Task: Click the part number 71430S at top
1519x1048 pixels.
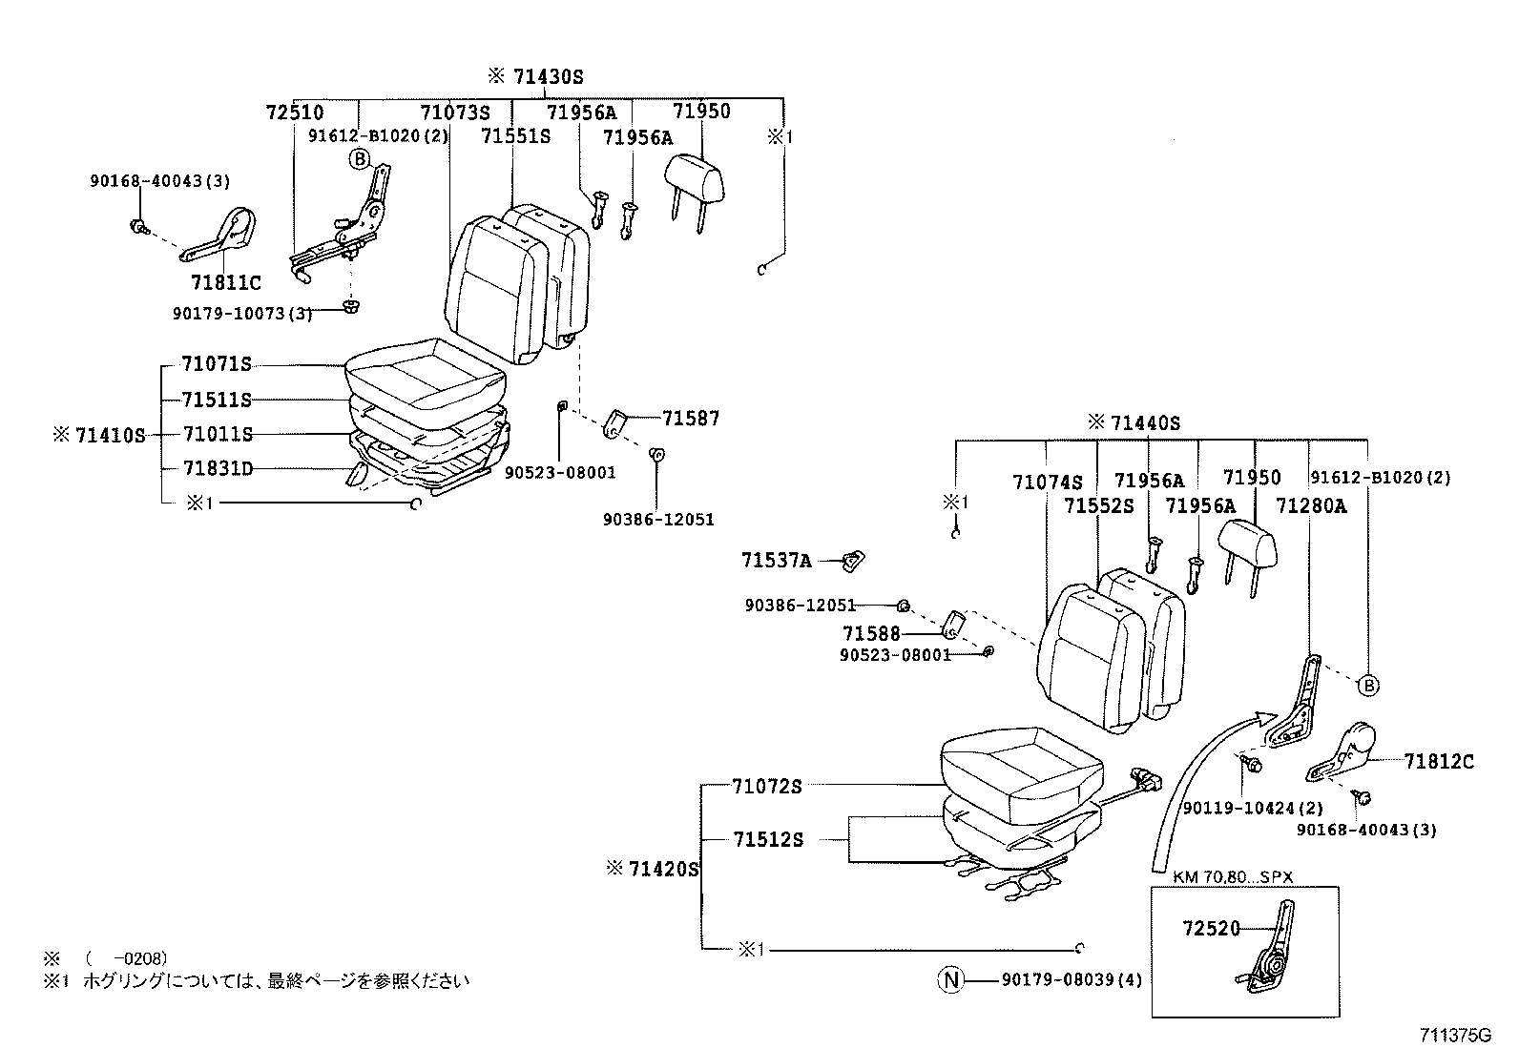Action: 548,77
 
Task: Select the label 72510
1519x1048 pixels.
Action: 294,113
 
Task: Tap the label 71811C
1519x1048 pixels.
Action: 225,282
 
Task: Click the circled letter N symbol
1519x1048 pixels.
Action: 949,979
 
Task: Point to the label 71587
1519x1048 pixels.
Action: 691,418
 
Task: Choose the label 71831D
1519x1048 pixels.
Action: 218,468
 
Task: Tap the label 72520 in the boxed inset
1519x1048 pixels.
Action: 1211,928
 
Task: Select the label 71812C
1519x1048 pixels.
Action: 1438,761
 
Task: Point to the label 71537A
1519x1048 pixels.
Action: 776,561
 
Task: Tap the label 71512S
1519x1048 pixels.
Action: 768,839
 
